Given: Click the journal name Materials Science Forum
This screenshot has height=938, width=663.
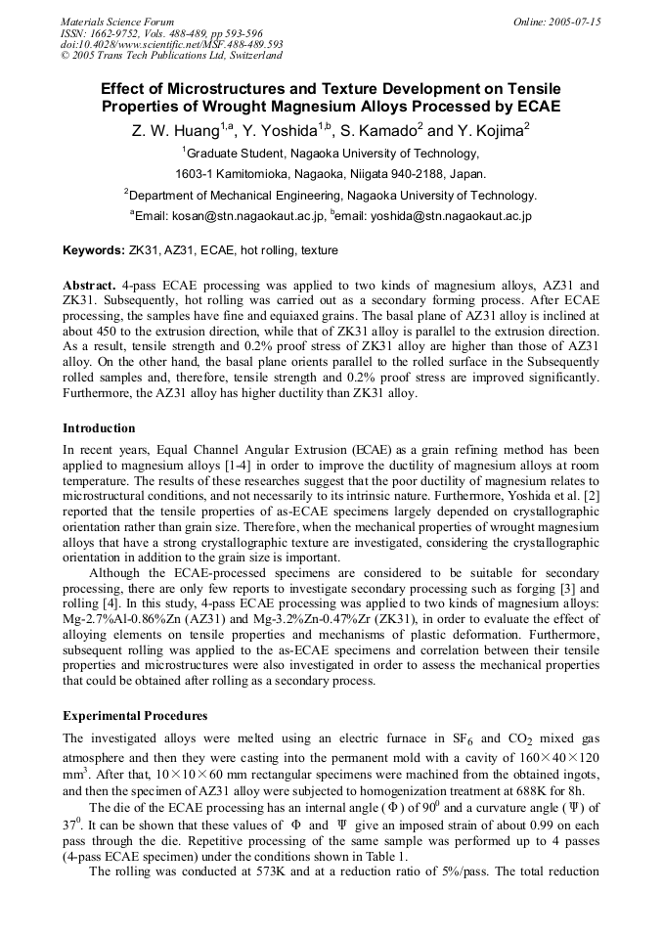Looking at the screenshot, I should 116,22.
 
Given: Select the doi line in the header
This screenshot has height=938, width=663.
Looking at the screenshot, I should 171,44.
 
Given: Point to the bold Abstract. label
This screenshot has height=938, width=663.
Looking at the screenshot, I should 90,285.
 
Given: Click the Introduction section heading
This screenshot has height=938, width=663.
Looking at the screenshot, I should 99,428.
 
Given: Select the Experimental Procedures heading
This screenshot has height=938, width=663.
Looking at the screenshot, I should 135,716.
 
